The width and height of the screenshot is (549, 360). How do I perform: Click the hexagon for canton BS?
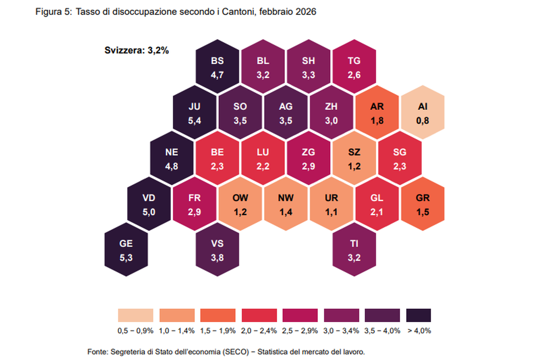pyautogui.click(x=217, y=67)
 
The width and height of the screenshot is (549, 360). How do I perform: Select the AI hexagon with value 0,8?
pyautogui.click(x=423, y=113)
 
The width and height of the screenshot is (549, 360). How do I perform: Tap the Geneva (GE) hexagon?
pyautogui.click(x=126, y=250)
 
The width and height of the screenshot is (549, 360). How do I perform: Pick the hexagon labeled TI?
pyautogui.click(x=354, y=250)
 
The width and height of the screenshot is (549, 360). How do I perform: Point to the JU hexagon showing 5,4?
pyautogui.click(x=195, y=113)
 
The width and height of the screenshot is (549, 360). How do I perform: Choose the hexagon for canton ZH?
pyautogui.click(x=331, y=113)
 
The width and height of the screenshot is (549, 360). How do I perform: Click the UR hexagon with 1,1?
pyautogui.click(x=331, y=204)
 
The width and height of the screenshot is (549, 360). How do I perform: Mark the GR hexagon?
pyautogui.click(x=423, y=204)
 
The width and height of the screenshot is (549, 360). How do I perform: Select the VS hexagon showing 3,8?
pyautogui.click(x=217, y=250)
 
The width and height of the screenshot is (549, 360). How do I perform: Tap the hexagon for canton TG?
pyautogui.click(x=354, y=67)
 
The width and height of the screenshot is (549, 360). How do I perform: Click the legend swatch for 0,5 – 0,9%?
pyautogui.click(x=135, y=315)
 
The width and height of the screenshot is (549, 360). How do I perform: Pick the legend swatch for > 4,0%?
pyautogui.click(x=418, y=315)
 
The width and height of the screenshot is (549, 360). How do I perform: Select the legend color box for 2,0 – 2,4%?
pyautogui.click(x=259, y=315)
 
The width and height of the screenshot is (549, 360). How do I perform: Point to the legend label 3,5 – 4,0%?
pyautogui.click(x=382, y=331)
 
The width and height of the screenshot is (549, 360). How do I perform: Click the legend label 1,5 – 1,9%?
pyautogui.click(x=218, y=331)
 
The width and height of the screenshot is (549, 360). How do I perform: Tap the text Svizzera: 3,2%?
pyautogui.click(x=136, y=50)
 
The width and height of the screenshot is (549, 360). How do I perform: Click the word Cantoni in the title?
pyautogui.click(x=239, y=12)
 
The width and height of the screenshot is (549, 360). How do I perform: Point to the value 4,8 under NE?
pyautogui.click(x=172, y=167)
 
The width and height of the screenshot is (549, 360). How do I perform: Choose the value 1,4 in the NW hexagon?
pyautogui.click(x=286, y=212)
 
